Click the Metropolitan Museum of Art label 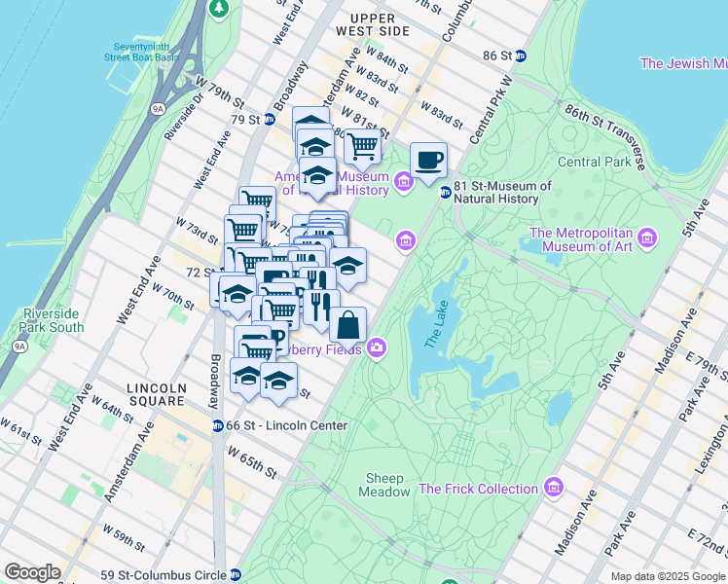coord(580,238)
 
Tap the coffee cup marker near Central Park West coord(428,161)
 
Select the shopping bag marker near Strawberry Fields coord(348,326)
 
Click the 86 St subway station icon coord(521,56)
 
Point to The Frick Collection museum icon coord(554,486)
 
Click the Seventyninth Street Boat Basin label coord(143,53)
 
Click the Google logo coord(32,572)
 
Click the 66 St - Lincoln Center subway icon coord(219,425)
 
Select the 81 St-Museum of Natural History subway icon coord(445,192)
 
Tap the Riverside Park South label coord(53,321)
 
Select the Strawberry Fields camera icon coord(376,348)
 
